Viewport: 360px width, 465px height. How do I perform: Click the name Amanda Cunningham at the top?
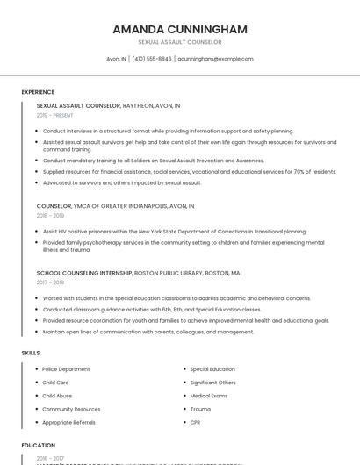[x=180, y=29]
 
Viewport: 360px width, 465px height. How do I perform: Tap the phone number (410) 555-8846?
[x=152, y=59]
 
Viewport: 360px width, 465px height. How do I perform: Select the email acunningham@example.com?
[x=215, y=59]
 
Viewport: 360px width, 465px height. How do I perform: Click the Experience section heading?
[x=38, y=92]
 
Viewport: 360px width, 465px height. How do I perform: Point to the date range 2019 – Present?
[x=55, y=115]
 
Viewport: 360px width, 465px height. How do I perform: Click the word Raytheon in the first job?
[x=140, y=105]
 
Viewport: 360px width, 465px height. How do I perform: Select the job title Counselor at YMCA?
[x=54, y=206]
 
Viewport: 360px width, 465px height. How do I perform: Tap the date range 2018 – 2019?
[x=50, y=216]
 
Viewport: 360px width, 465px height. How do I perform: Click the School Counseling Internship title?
[x=84, y=273]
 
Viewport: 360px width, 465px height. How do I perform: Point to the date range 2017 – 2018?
[x=50, y=283]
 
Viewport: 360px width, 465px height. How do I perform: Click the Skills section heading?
[x=31, y=353]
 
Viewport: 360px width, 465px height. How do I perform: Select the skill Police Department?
[x=66, y=369]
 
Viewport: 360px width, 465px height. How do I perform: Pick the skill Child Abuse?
[x=59, y=396]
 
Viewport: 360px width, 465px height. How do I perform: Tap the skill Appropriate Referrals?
[x=68, y=422]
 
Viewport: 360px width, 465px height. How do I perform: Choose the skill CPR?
[x=195, y=422]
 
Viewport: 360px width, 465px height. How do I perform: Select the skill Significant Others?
[x=212, y=383]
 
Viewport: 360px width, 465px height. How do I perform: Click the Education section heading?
[x=38, y=446]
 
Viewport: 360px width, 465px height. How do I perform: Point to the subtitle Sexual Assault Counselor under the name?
[x=180, y=42]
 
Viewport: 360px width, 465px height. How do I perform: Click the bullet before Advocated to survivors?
[x=37, y=183]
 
